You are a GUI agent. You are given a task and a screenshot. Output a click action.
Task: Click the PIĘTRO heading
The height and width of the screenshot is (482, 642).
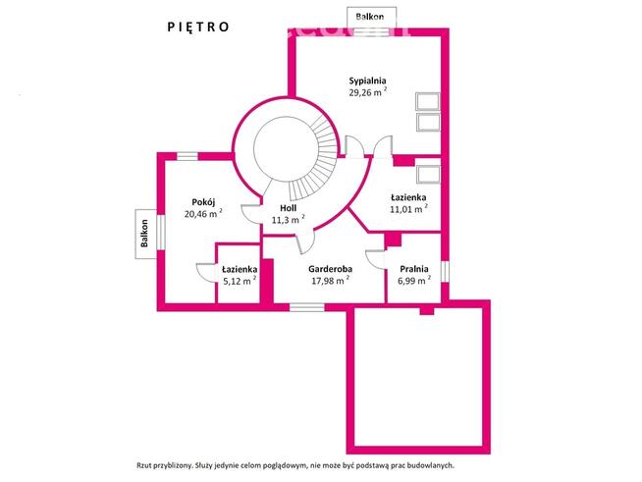click(x=198, y=27)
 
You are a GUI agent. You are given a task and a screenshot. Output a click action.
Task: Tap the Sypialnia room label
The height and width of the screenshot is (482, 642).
click(x=367, y=80)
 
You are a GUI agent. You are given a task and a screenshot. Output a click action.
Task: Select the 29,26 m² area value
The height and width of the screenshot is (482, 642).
click(x=368, y=92)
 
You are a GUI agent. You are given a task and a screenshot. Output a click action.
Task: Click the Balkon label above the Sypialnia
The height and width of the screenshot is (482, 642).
click(x=370, y=17)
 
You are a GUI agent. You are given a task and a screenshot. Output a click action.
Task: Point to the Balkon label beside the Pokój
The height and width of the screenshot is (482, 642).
click(x=144, y=234)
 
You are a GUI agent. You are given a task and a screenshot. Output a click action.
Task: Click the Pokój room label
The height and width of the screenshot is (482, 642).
click(x=203, y=202)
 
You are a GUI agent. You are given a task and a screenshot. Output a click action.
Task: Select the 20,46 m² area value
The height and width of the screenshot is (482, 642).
click(x=203, y=213)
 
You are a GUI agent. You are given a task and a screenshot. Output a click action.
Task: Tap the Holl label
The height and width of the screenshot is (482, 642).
click(x=289, y=208)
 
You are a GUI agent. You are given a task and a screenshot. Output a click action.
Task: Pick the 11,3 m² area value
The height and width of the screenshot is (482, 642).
click(x=289, y=219)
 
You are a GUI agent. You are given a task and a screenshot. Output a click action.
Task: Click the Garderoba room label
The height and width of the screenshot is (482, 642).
click(x=331, y=269)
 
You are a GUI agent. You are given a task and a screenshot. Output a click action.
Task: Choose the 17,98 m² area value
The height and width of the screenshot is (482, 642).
click(x=331, y=281)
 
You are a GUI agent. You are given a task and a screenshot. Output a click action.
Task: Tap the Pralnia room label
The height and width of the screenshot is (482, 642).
click(x=414, y=269)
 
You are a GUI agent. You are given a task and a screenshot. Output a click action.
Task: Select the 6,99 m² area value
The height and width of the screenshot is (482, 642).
click(x=414, y=281)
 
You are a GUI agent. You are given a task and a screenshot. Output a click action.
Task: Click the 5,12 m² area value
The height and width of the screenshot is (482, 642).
click(x=240, y=281)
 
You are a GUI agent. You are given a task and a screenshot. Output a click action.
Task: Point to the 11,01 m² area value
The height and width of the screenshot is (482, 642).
click(x=408, y=209)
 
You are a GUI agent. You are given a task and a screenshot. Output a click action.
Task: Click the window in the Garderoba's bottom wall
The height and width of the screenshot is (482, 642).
click(x=307, y=307)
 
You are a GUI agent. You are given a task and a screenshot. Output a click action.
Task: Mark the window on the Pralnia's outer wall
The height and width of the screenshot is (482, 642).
click(x=445, y=272)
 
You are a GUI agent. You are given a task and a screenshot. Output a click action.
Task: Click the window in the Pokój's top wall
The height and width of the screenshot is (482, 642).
click(x=187, y=156)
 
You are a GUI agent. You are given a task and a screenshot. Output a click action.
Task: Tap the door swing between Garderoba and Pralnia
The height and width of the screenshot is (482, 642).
click(x=375, y=259)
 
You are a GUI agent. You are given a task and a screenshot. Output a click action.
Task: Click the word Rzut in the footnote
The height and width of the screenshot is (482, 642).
click(x=142, y=465)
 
